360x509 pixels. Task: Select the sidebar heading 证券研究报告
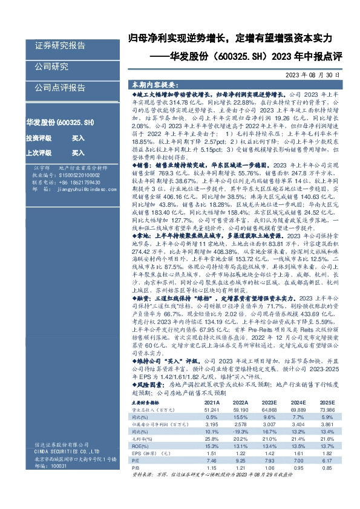(x=61, y=45)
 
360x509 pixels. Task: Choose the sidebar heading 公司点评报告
(x=60, y=87)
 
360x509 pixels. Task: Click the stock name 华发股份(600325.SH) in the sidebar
(x=60, y=122)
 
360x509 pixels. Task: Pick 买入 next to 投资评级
(x=78, y=138)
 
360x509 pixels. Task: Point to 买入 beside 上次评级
(x=78, y=153)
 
